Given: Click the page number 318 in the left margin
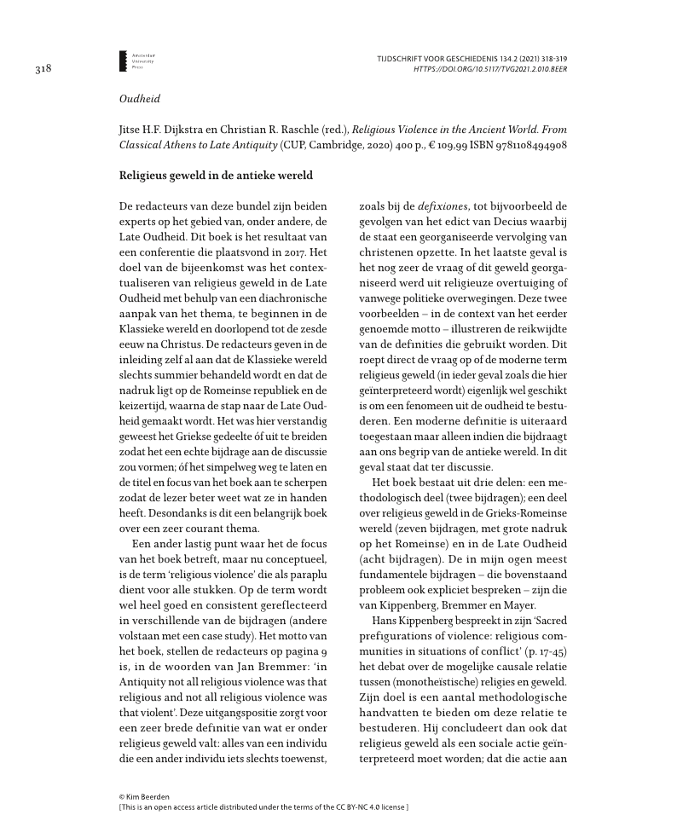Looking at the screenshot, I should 43,69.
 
